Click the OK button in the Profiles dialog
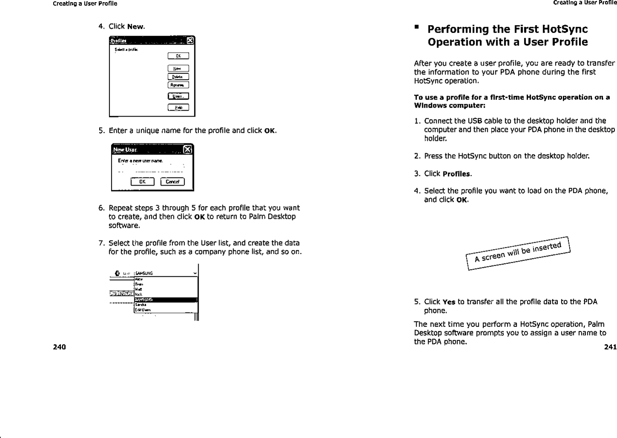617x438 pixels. (x=178, y=56)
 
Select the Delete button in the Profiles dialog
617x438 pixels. (x=178, y=77)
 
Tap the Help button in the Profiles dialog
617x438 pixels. (x=178, y=108)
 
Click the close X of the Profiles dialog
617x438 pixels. (x=190, y=41)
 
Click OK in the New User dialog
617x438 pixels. (x=142, y=182)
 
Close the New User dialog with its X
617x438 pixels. (x=187, y=149)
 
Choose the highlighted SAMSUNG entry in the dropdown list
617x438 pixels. (x=166, y=300)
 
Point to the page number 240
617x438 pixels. (x=59, y=347)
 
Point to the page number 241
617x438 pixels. (x=610, y=347)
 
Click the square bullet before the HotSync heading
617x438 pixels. (x=417, y=28)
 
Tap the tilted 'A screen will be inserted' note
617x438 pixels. (x=518, y=252)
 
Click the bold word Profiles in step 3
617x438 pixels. (x=457, y=174)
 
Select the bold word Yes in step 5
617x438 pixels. (x=448, y=302)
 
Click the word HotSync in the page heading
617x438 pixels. (x=563, y=29)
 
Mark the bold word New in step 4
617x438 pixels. (x=135, y=26)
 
